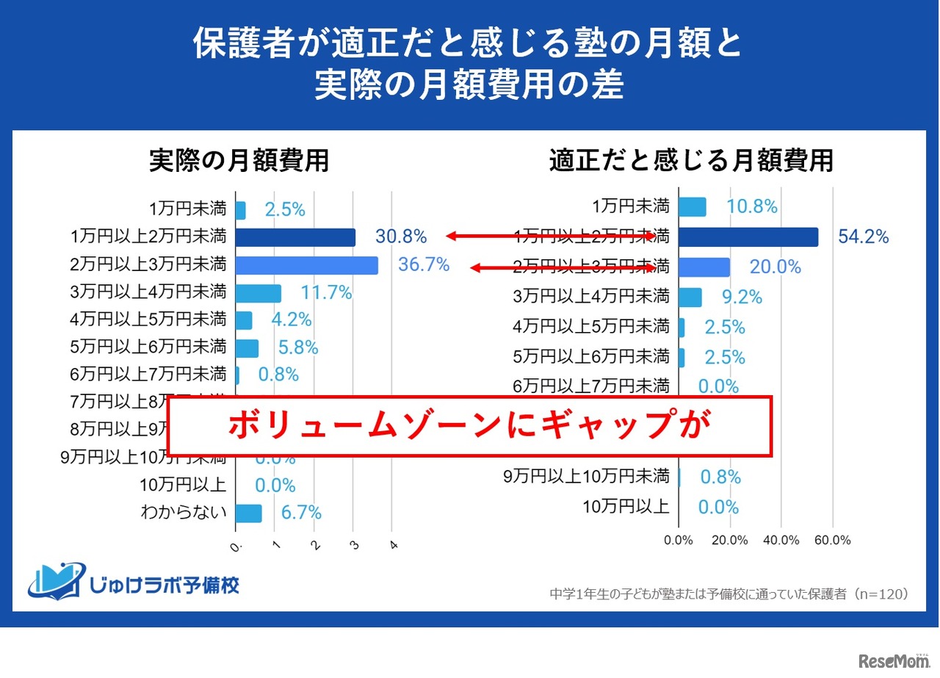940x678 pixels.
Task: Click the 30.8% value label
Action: click(401, 237)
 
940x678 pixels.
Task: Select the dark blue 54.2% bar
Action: click(748, 237)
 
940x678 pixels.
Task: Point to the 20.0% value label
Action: click(775, 267)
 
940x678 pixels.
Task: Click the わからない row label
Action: click(184, 513)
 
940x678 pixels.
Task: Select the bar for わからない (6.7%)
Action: click(249, 513)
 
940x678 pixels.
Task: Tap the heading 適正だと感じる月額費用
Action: click(691, 161)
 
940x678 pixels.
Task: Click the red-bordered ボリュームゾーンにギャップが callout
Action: click(470, 426)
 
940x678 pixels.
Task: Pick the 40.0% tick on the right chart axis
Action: click(781, 541)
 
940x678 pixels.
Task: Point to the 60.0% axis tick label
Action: click(833, 541)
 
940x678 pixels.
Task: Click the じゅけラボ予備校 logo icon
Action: click(56, 580)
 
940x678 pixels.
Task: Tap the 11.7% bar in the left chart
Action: click(258, 293)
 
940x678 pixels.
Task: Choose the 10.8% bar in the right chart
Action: click(692, 207)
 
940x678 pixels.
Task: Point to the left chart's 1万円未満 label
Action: click(187, 209)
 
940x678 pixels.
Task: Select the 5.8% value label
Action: click(298, 347)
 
